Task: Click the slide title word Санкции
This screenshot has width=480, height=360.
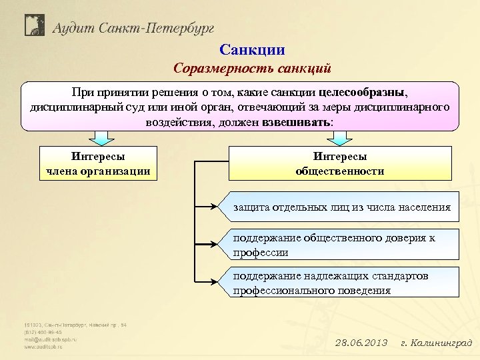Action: point(252,49)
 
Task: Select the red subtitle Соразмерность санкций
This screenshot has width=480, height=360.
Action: point(252,68)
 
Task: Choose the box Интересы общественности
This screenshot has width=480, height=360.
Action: point(340,163)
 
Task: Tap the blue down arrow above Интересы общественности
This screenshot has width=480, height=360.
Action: point(340,137)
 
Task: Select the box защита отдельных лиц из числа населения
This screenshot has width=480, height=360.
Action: point(341,207)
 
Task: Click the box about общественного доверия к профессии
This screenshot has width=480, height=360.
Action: point(341,245)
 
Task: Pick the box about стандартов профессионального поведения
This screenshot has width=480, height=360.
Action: point(341,283)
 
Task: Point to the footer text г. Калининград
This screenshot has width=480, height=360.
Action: point(436,343)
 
